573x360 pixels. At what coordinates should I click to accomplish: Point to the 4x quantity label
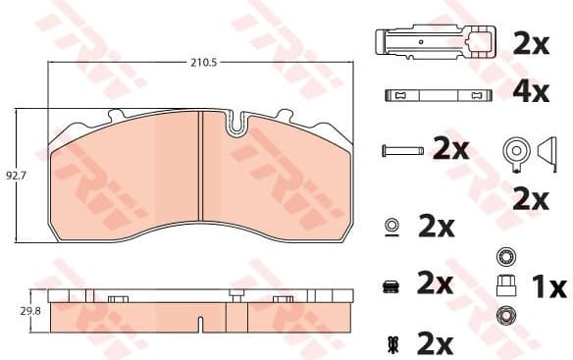pyautogui.click(x=530, y=94)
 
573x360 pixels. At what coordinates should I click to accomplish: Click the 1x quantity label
pyautogui.click(x=547, y=287)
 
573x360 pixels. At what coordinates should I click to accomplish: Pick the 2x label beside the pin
pyautogui.click(x=451, y=149)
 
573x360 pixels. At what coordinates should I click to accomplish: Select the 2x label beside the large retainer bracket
pyautogui.click(x=530, y=43)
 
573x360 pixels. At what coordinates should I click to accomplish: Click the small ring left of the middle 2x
pyautogui.click(x=391, y=226)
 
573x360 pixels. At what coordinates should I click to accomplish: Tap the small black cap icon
pyautogui.click(x=391, y=285)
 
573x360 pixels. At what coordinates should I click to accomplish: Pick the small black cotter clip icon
pyautogui.click(x=391, y=343)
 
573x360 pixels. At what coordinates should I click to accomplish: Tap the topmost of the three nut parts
pyautogui.click(x=506, y=258)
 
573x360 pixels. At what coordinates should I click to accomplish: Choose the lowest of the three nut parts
pyautogui.click(x=506, y=316)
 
